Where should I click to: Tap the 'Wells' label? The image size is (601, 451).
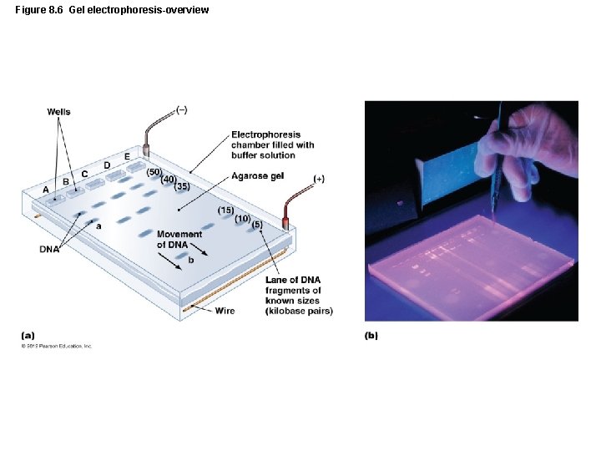(x=58, y=112)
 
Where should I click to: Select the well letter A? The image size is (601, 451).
(x=46, y=190)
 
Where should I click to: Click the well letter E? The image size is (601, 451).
(x=127, y=156)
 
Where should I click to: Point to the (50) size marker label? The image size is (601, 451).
(x=154, y=171)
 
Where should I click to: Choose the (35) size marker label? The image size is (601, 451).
(x=182, y=186)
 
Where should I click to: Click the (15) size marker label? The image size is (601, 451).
(x=225, y=209)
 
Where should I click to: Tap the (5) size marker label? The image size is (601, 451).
(x=257, y=224)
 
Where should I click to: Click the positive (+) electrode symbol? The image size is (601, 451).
(x=319, y=179)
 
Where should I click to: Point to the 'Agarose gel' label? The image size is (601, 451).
(x=260, y=176)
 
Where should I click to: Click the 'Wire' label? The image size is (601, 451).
(x=225, y=311)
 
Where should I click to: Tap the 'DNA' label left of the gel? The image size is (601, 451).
(x=49, y=249)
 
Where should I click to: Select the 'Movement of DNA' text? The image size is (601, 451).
(x=179, y=240)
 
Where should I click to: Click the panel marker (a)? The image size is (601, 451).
(x=28, y=336)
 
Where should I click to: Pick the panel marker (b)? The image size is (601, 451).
(x=371, y=336)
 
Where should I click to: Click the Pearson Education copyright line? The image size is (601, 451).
(x=57, y=346)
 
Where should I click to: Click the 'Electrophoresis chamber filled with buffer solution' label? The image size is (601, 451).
(x=273, y=144)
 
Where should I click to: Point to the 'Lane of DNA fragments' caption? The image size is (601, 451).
(x=298, y=295)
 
